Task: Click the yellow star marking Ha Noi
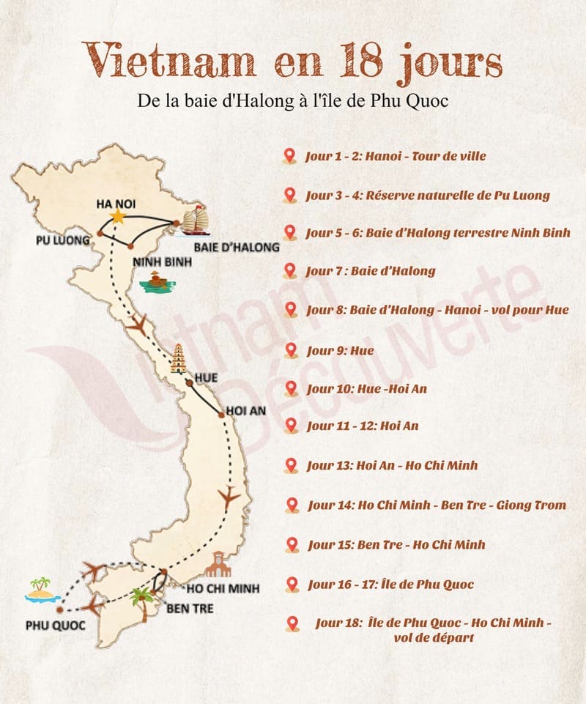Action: pos(117,216)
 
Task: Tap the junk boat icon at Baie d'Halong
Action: pos(195,221)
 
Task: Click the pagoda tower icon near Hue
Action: pos(177,360)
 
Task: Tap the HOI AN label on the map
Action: pos(246,411)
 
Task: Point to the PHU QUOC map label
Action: pos(55,625)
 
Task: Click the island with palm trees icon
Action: pos(41,590)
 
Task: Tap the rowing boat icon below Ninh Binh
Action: pos(155,282)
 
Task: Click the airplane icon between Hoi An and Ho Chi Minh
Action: pos(229,498)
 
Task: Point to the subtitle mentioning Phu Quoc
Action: pos(292,102)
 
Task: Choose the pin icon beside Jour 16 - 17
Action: pos(292,585)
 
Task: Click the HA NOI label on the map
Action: pos(116,204)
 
